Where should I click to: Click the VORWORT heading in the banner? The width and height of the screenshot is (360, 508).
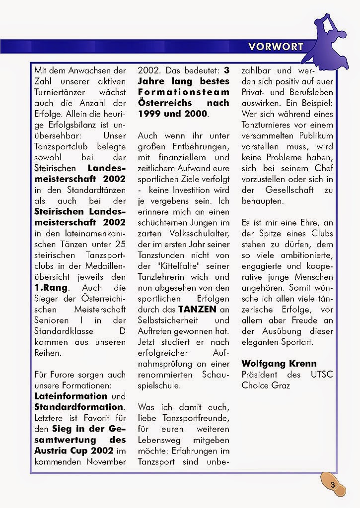click(x=276, y=47)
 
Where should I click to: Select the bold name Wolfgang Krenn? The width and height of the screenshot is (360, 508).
click(x=278, y=364)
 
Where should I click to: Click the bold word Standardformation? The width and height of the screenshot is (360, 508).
click(x=78, y=407)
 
